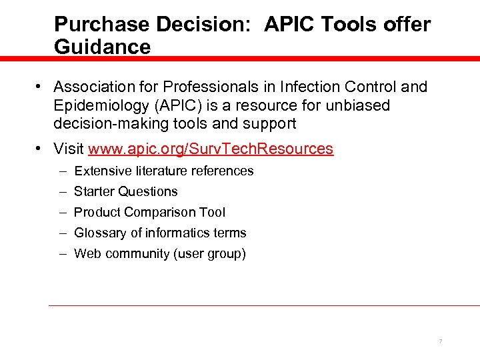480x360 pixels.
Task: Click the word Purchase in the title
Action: coord(101,25)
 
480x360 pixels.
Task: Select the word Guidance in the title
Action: coord(102,47)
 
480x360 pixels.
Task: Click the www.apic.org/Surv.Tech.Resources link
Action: coord(211,149)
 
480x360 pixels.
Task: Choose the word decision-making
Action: coord(112,123)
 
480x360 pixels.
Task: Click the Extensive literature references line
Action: coord(163,171)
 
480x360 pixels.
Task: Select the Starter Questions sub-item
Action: coord(125,191)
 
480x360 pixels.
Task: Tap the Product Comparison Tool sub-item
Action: coord(149,212)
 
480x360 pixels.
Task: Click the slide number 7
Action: coord(440,342)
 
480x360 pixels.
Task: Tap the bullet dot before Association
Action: coord(41,87)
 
